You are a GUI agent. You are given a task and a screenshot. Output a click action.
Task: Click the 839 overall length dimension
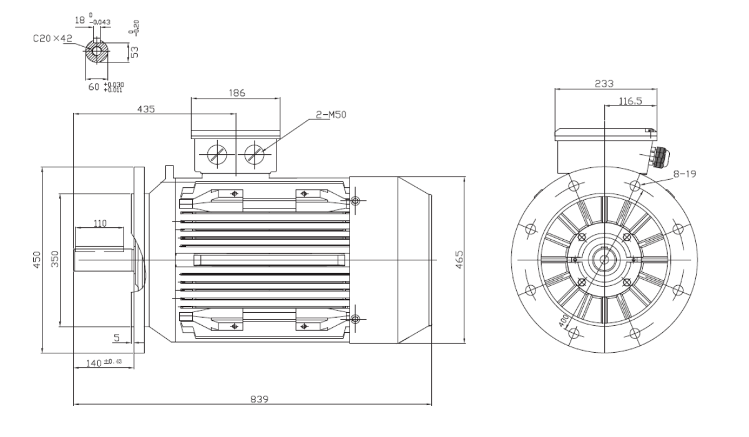pyautogui.click(x=259, y=399)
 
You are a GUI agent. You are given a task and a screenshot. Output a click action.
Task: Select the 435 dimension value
pyautogui.click(x=146, y=109)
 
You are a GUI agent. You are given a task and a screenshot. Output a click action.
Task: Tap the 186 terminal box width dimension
pyautogui.click(x=237, y=93)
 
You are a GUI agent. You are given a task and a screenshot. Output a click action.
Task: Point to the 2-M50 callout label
pyautogui.click(x=331, y=115)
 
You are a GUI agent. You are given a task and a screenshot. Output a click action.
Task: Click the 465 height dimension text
pyautogui.click(x=459, y=260)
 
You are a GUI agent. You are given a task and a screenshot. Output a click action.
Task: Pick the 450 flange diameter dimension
pyautogui.click(x=37, y=260)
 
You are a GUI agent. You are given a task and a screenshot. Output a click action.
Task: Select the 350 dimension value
pyautogui.click(x=55, y=259)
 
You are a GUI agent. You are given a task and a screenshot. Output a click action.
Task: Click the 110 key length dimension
pyautogui.click(x=100, y=223)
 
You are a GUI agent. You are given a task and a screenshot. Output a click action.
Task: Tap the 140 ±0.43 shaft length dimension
pyautogui.click(x=104, y=363)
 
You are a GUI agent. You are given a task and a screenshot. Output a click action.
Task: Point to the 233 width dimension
pyautogui.click(x=604, y=84)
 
